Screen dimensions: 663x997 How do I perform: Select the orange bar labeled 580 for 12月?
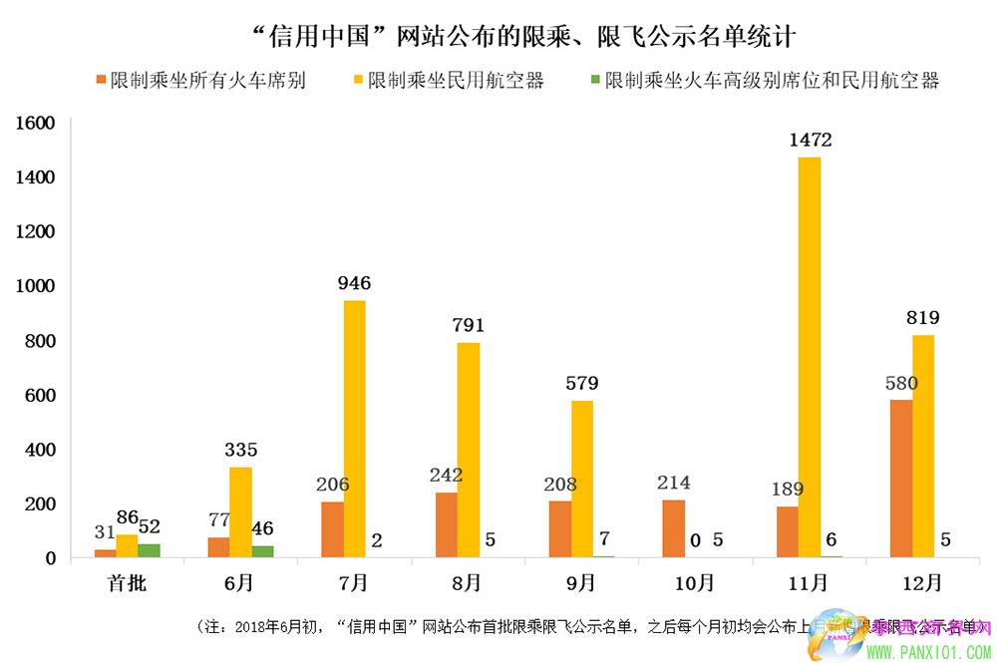[x=901, y=479]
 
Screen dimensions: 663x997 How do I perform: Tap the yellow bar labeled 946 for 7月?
[x=354, y=429]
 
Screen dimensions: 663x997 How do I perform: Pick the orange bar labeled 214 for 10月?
[x=673, y=528]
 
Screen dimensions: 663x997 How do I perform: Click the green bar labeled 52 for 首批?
[x=149, y=550]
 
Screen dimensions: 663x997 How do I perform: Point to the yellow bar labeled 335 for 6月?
[x=240, y=512]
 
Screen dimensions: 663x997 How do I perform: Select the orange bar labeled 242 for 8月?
[x=446, y=524]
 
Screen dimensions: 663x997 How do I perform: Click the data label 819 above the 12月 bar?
[x=923, y=318]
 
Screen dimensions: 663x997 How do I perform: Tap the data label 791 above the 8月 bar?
[x=468, y=325]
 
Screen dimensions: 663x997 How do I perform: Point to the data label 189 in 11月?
[x=787, y=489]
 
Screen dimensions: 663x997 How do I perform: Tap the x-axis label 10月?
[x=695, y=582]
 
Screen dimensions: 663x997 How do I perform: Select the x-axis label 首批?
[x=127, y=582]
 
